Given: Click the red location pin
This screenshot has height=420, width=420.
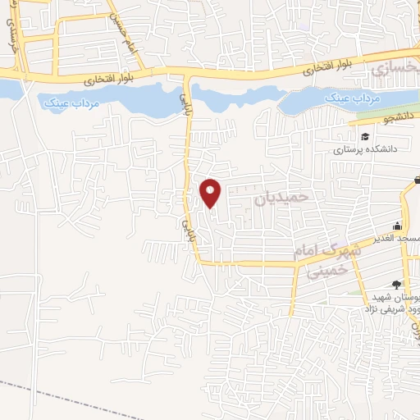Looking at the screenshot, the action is pos(211,192).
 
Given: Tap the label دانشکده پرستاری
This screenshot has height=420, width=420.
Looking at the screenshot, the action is pos(364,150).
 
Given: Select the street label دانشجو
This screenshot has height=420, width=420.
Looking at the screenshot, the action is pos(375,119).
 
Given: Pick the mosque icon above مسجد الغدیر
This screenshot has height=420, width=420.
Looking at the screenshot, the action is pos(398,226).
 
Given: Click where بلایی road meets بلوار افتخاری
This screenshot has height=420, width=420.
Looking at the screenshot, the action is pos(189,75).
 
